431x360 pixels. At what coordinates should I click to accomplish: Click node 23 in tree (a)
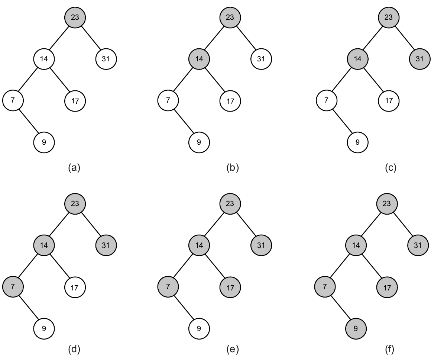(75, 17)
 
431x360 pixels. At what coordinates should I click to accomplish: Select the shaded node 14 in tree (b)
(199, 59)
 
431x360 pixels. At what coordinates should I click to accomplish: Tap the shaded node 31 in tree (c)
(419, 59)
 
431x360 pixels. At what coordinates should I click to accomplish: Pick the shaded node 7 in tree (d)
(13, 286)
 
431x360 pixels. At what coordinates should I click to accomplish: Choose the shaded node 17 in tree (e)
(230, 287)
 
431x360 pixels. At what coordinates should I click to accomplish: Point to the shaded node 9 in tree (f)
(356, 329)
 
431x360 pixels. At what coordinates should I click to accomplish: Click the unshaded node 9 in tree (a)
(44, 142)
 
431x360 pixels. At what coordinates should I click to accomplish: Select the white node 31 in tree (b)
(261, 59)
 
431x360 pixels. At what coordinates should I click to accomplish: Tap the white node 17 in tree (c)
(389, 101)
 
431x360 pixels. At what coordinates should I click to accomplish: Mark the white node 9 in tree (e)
(199, 329)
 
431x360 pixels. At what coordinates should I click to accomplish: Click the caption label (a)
(74, 168)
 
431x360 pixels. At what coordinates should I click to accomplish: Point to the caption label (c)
(391, 168)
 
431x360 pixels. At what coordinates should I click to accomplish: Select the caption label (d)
(74, 350)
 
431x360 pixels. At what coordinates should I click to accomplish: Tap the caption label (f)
(390, 350)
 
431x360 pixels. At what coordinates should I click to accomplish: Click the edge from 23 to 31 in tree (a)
(90, 38)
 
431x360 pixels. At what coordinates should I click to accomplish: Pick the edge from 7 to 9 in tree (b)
(184, 121)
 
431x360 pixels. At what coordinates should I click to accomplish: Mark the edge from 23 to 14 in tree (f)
(371, 225)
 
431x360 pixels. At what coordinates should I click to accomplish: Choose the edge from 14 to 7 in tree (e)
(184, 266)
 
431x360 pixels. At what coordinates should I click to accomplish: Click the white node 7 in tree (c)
(327, 100)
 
